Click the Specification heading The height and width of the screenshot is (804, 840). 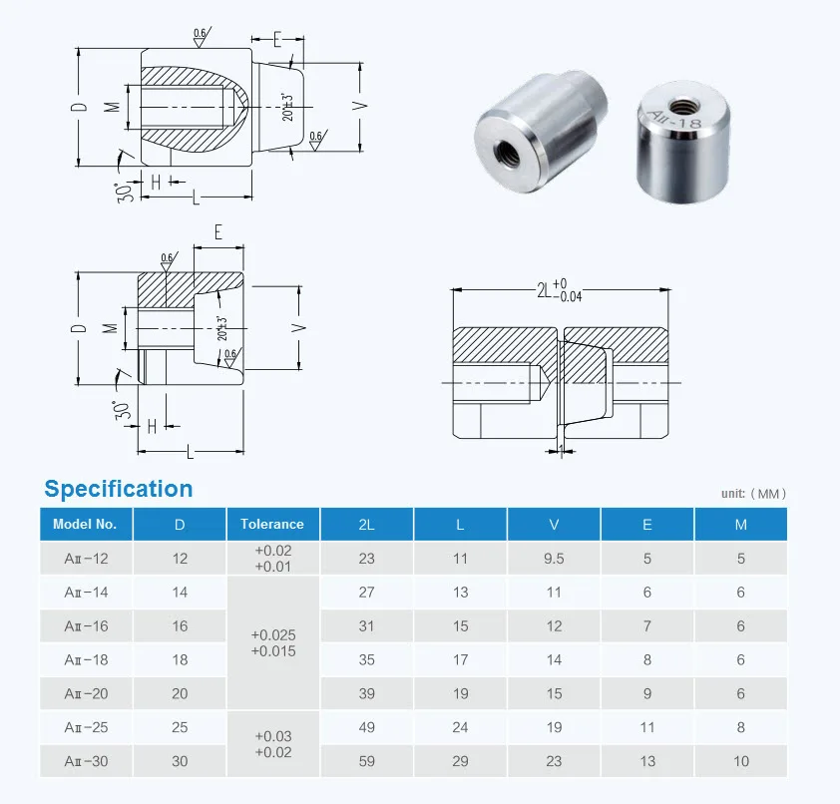119,489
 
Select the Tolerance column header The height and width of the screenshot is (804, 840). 271,524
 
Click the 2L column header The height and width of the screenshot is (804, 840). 366,524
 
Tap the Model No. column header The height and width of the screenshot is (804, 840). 85,524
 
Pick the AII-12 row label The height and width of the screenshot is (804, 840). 86,559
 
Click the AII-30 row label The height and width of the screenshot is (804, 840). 86,762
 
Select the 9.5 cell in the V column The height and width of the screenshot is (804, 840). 554,559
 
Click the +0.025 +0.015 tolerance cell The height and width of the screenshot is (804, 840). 273,642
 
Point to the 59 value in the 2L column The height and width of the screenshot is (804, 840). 366,762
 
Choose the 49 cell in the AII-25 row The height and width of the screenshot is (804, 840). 366,728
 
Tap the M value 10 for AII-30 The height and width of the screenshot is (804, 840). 741,762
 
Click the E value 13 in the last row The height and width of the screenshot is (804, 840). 647,762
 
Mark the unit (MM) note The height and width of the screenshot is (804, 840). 753,494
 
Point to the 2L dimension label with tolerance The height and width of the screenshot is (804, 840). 559,290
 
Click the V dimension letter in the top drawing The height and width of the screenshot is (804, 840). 365,105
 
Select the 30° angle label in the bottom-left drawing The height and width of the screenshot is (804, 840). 124,408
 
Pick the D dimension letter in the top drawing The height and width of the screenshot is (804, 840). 84,107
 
